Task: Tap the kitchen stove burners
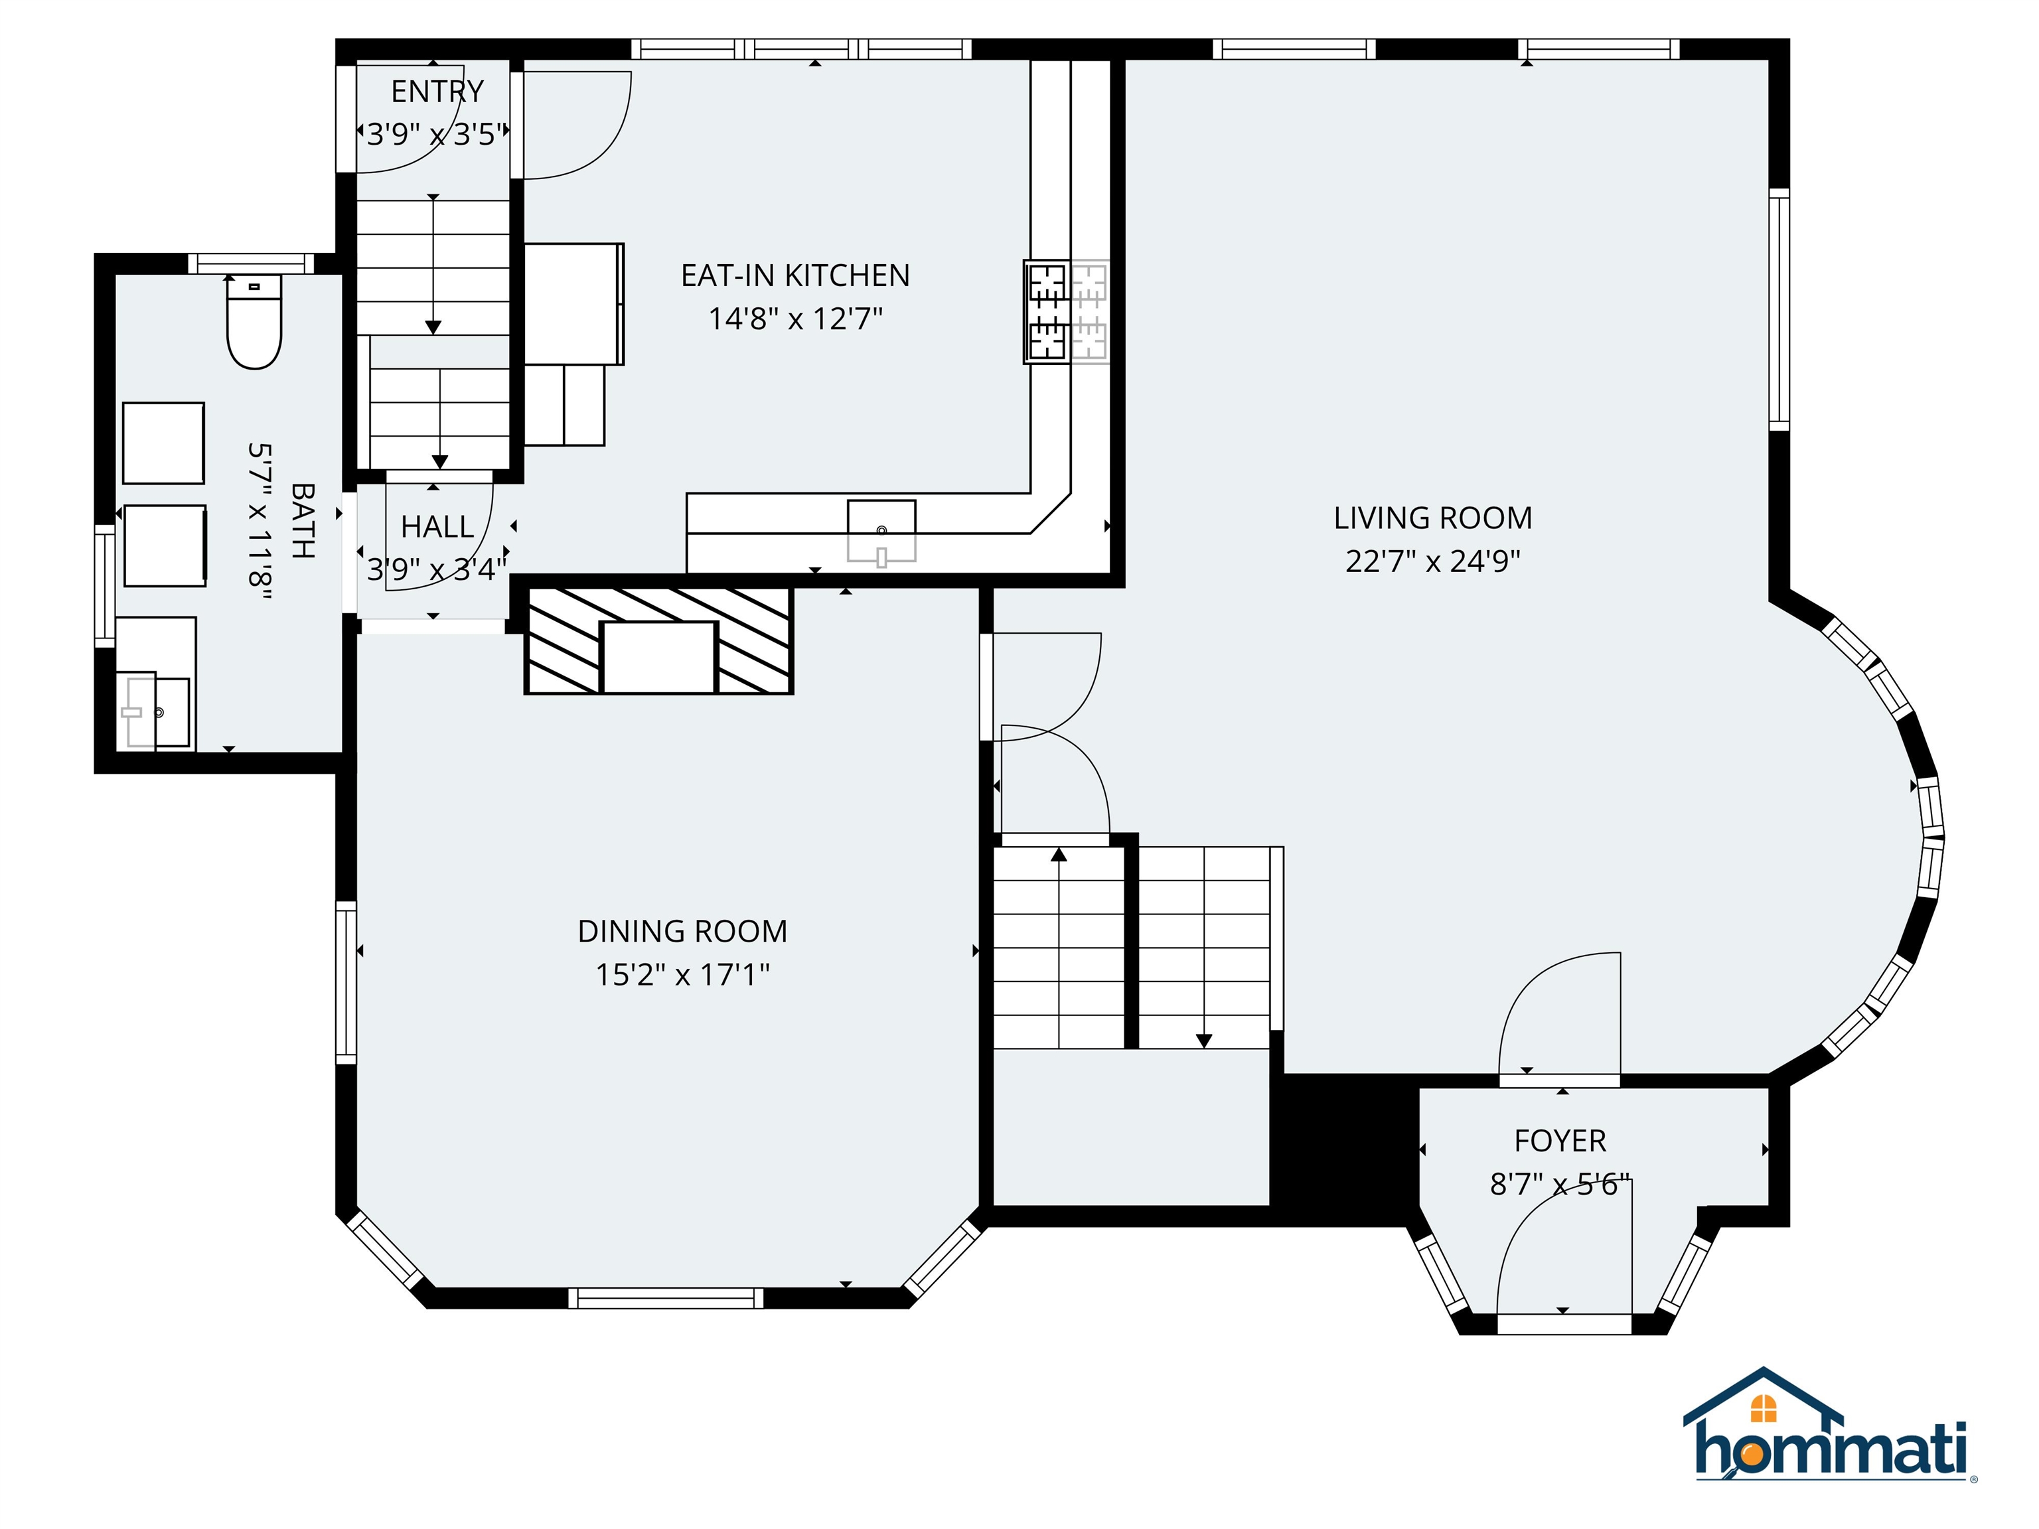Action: [1065, 311]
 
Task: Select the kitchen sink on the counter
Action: [881, 531]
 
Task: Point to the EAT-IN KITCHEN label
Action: [794, 275]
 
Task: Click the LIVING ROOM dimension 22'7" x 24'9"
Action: [1432, 561]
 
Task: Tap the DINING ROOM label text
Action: [682, 932]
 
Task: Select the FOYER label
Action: [1560, 1141]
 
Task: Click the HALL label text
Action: [437, 527]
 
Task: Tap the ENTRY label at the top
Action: [437, 91]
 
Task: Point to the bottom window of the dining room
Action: [666, 1297]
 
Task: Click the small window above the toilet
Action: [251, 263]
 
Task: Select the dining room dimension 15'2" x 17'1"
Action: [682, 975]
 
